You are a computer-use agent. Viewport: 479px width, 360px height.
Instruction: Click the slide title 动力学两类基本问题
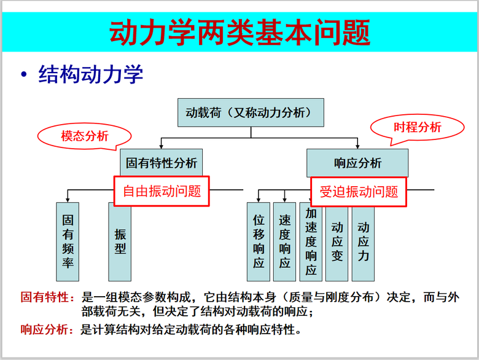(x=240, y=32)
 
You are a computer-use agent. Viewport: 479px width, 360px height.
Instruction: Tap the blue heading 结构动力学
(x=91, y=74)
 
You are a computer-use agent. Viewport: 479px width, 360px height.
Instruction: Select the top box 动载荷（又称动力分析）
(x=251, y=112)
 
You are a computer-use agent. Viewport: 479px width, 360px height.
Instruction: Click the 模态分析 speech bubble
(x=85, y=136)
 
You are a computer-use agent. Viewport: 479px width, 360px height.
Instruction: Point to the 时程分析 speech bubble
(x=418, y=127)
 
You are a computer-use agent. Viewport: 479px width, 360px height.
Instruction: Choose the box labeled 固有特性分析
(x=162, y=163)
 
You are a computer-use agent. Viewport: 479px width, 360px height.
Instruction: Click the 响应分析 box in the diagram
(x=357, y=163)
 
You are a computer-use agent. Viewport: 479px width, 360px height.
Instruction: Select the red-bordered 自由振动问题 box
(x=162, y=191)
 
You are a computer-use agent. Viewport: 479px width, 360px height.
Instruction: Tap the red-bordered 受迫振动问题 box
(x=359, y=192)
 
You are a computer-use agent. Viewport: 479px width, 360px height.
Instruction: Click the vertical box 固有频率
(x=68, y=241)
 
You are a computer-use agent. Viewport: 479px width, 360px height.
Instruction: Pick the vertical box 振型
(x=120, y=241)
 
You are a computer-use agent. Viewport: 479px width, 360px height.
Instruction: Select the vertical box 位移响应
(x=259, y=241)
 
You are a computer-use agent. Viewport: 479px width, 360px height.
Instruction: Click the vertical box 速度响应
(x=284, y=241)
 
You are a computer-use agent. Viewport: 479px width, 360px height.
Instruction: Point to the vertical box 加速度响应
(x=311, y=241)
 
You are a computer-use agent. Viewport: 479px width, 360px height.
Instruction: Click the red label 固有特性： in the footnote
(x=47, y=297)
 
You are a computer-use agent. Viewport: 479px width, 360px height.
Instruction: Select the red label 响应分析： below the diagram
(x=47, y=329)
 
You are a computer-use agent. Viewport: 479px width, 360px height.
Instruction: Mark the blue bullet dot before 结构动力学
(x=24, y=74)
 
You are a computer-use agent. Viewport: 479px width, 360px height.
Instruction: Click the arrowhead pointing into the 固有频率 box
(x=68, y=200)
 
